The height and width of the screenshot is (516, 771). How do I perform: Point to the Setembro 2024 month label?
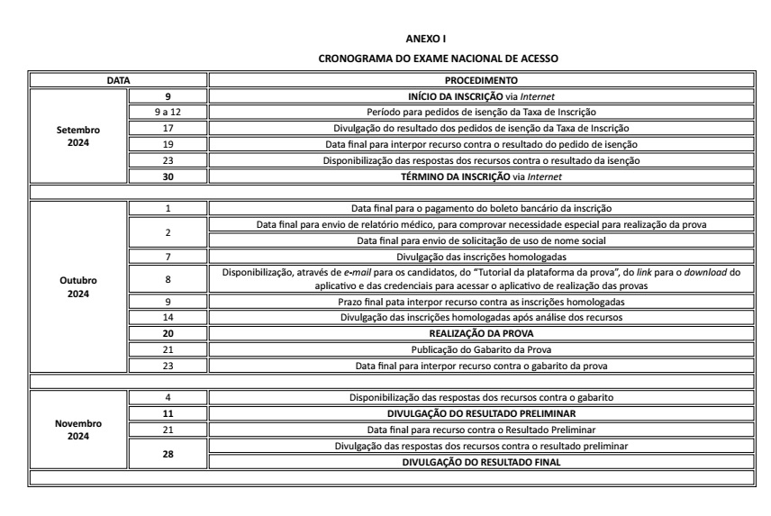tap(77, 136)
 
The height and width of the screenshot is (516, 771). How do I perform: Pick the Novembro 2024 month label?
tap(77, 428)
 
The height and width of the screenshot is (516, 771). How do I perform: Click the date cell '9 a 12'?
tap(168, 112)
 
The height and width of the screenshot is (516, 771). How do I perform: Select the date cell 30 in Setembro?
tap(168, 177)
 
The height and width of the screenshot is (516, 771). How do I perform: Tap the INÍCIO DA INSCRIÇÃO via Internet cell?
tap(480, 96)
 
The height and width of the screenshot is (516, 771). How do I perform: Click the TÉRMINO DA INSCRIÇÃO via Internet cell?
tap(480, 177)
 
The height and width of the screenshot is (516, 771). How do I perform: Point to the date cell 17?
tap(168, 128)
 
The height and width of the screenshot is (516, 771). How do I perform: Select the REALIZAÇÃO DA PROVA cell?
tap(480, 332)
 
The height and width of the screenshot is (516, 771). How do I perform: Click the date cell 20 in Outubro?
tap(168, 332)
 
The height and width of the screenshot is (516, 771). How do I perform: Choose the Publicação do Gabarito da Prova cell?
tap(480, 349)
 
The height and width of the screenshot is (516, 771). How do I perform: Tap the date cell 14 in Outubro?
tap(168, 316)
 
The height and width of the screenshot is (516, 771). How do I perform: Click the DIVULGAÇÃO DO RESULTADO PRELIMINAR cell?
tap(480, 412)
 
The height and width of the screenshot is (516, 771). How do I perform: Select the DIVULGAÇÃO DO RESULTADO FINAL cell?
tap(480, 461)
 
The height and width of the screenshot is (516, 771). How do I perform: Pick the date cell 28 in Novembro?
tap(168, 453)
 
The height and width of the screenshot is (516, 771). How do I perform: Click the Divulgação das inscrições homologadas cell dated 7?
tap(480, 256)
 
